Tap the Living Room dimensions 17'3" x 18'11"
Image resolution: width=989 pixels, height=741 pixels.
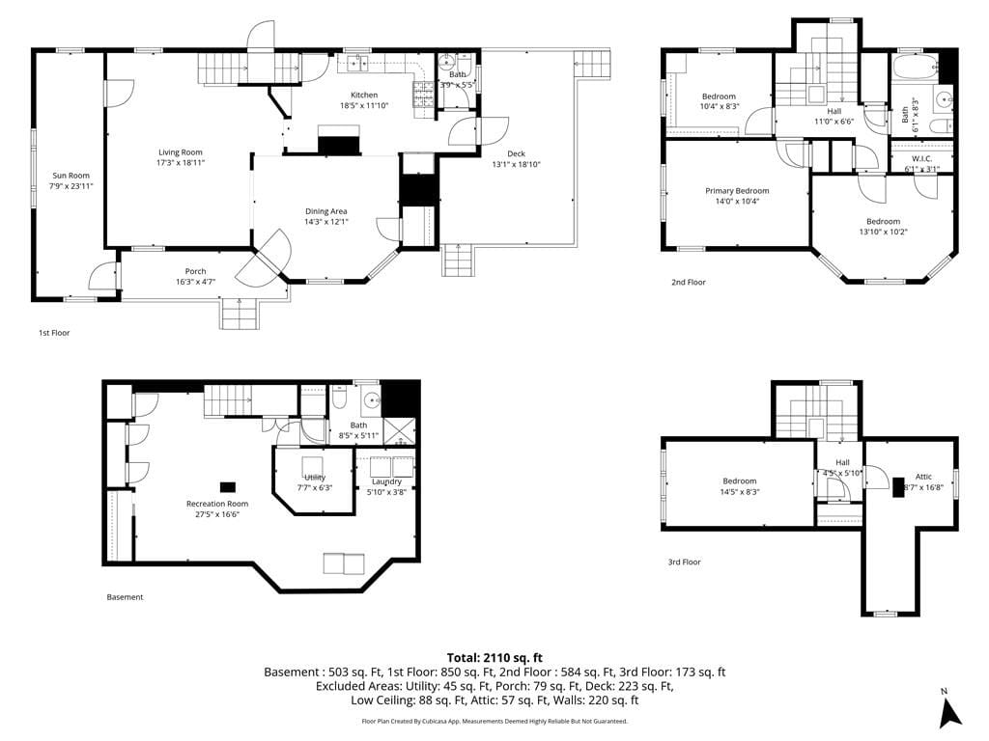[x=181, y=163]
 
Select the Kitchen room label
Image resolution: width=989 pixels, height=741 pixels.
[x=364, y=95]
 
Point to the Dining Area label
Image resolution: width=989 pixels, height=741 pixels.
[x=325, y=211]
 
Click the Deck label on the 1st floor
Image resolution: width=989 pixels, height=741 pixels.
[x=516, y=153]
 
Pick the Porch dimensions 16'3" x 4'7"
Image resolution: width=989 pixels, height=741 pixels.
[x=196, y=282]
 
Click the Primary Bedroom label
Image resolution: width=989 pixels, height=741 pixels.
[x=736, y=191]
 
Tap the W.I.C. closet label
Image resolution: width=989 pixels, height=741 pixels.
[x=921, y=158]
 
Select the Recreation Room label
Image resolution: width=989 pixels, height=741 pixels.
[x=217, y=504]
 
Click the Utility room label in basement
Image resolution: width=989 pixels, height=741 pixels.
[x=315, y=478]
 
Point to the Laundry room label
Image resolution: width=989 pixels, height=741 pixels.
[x=386, y=481]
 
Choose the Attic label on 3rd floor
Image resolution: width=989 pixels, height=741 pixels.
[x=923, y=477]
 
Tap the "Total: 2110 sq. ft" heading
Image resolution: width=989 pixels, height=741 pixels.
[x=494, y=657]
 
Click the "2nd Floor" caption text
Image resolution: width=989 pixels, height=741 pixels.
[x=689, y=283]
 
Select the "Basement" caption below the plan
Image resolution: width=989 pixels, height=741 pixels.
[x=125, y=597]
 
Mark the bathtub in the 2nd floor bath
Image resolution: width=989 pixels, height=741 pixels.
[x=914, y=69]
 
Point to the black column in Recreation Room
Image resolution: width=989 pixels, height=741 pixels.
[x=228, y=487]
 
